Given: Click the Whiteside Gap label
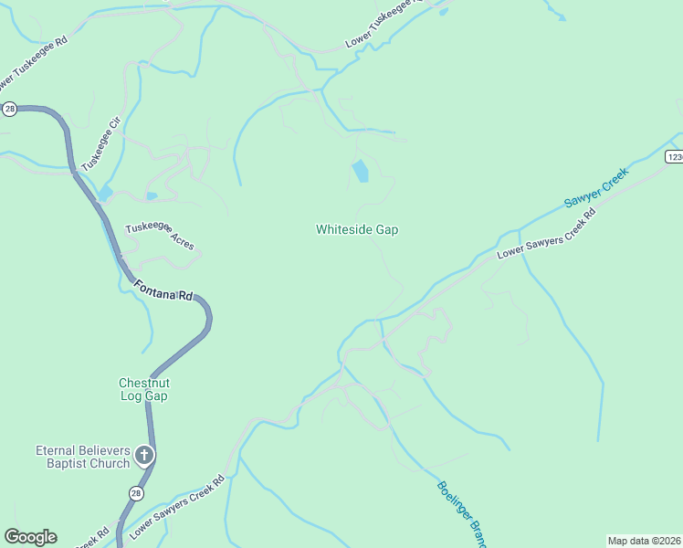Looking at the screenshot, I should (x=357, y=230).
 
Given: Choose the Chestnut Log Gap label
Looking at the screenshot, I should (x=143, y=389).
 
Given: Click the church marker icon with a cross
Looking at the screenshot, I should (x=143, y=454).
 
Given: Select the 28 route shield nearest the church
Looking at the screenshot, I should (x=135, y=493).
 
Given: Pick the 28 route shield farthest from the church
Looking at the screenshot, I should (x=9, y=109).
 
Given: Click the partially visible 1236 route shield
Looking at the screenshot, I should (x=674, y=157).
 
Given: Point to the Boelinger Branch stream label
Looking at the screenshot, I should (x=459, y=513).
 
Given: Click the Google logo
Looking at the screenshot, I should (x=30, y=537).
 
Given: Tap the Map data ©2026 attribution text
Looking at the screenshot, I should (x=644, y=540).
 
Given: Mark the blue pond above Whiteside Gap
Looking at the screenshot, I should (x=361, y=171).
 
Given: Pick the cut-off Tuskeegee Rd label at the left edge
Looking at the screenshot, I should (x=35, y=58).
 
